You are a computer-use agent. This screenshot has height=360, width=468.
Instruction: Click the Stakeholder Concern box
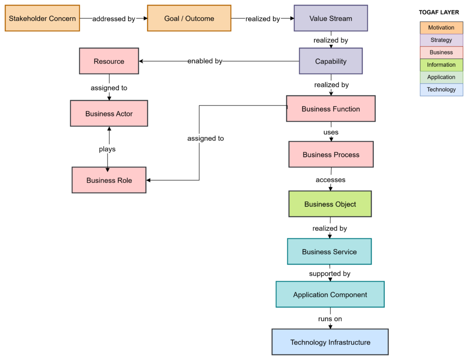tap(43, 18)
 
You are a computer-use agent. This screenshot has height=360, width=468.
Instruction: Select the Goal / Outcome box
tap(189, 18)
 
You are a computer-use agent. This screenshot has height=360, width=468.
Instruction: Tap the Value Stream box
tap(330, 18)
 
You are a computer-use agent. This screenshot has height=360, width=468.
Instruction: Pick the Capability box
tap(330, 61)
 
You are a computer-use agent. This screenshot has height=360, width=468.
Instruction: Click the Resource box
tap(109, 61)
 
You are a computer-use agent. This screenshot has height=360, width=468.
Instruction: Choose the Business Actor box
tap(109, 114)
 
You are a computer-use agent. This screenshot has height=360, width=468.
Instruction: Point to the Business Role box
tap(109, 180)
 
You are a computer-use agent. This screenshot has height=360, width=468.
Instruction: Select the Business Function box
tap(330, 109)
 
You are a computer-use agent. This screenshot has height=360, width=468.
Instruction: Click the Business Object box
tap(330, 204)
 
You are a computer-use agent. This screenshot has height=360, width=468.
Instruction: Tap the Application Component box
tap(330, 295)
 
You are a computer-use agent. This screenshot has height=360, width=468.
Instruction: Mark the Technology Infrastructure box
tap(330, 342)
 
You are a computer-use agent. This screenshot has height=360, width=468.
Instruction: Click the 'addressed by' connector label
tap(114, 19)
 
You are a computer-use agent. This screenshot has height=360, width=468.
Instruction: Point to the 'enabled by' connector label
tap(205, 61)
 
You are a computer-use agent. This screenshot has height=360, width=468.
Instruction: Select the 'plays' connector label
tap(107, 149)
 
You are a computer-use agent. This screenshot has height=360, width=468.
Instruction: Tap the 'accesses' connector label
tap(330, 180)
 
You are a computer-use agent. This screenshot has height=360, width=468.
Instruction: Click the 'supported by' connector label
tap(330, 274)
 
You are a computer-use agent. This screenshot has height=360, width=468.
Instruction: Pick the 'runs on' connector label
tap(330, 318)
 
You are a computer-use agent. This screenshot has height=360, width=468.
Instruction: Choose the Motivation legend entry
tap(441, 28)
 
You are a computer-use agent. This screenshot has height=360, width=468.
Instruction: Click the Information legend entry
tap(441, 65)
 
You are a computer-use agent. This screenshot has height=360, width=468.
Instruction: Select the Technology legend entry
tap(441, 90)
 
